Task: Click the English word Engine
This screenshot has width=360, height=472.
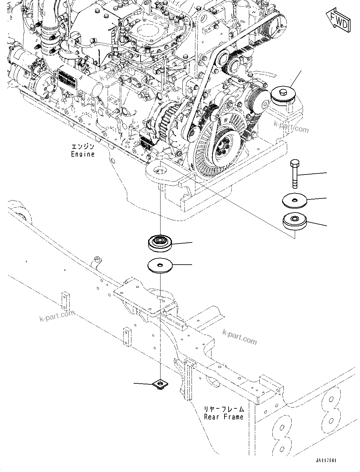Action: (83, 154)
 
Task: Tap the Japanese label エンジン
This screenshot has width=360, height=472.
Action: (83, 147)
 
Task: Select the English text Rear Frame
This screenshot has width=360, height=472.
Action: (224, 417)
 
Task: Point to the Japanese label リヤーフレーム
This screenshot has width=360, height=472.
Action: (224, 409)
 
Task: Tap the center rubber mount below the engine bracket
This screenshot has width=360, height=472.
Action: (160, 243)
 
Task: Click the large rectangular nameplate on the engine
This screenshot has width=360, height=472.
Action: (67, 79)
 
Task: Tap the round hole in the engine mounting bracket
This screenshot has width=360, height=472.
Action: (160, 171)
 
